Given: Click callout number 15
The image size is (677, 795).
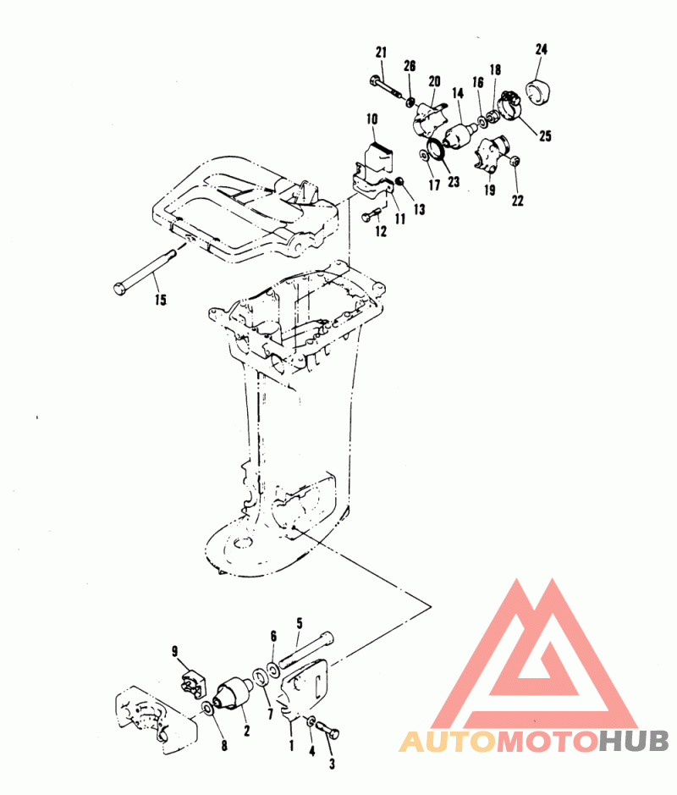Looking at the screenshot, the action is [161, 300].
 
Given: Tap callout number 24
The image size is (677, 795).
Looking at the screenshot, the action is [542, 49].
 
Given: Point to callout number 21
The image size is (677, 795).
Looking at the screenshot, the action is [381, 52].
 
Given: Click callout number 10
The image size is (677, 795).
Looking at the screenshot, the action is [372, 119].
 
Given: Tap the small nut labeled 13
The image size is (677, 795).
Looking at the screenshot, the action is [399, 181].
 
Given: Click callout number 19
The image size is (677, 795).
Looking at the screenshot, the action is [489, 190].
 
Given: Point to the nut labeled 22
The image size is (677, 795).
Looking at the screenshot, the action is [515, 161].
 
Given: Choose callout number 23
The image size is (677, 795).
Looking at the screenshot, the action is [454, 180].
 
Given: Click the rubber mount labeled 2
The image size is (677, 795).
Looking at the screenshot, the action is [234, 692].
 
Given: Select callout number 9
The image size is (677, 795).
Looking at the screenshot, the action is [175, 651].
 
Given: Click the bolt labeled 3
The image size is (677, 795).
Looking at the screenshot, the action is [327, 730].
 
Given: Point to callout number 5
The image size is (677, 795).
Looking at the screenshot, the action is [300, 623].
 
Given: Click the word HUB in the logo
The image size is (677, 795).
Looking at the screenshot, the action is [633, 742].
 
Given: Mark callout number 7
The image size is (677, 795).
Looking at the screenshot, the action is [270, 714].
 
